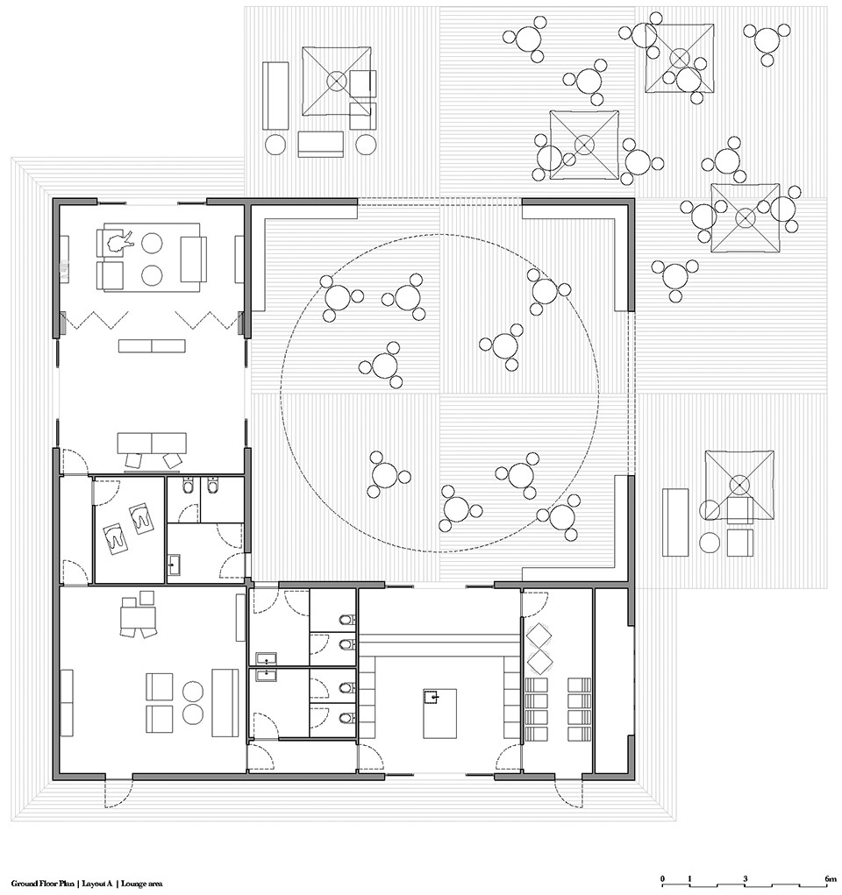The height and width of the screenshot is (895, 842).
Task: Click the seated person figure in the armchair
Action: click(x=118, y=242)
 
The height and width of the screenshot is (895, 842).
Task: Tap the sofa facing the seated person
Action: click(x=192, y=259)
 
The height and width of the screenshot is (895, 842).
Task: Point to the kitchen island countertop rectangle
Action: click(x=439, y=714)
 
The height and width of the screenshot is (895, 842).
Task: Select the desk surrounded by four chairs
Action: click(x=139, y=616)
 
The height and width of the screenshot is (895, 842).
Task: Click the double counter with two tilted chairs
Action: click(x=152, y=443)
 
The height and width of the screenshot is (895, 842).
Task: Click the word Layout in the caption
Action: click(x=93, y=884)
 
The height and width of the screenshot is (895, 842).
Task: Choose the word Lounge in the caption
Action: click(x=132, y=884)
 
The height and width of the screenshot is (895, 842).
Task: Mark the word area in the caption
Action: click(x=153, y=884)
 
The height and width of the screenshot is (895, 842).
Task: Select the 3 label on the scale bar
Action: click(x=746, y=878)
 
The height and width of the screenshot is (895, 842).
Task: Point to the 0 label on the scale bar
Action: click(x=662, y=878)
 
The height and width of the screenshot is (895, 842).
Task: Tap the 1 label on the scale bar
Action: click(x=690, y=878)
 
